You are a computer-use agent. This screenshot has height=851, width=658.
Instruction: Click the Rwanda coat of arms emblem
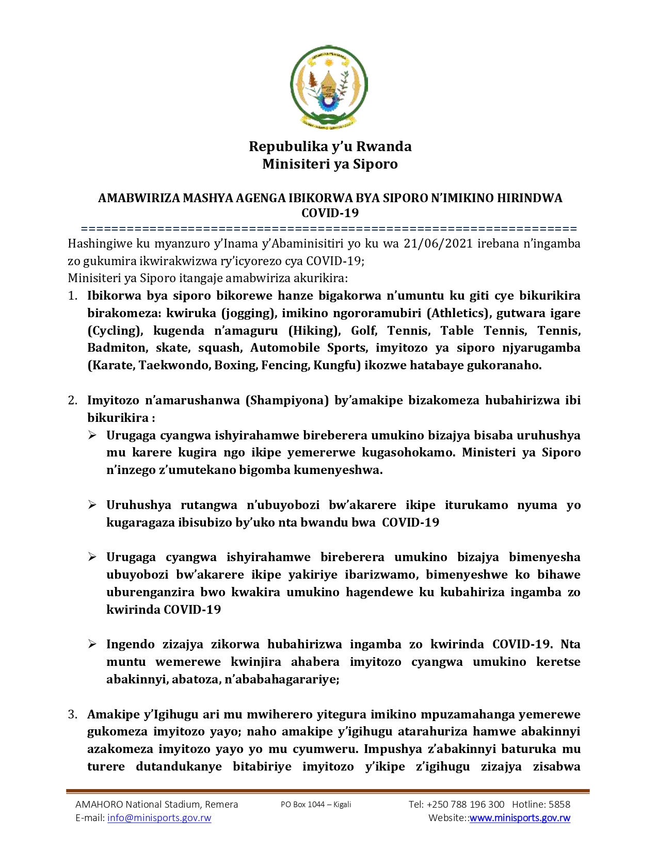(x=329, y=86)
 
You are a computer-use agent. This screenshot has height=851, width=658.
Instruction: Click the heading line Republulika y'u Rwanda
(x=330, y=146)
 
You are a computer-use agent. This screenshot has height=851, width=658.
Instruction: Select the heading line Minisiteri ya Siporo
(x=330, y=164)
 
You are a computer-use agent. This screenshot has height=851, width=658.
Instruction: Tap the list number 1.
(x=73, y=296)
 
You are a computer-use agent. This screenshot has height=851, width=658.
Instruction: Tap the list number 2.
(x=73, y=400)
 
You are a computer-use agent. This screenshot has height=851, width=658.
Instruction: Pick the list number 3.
(x=73, y=714)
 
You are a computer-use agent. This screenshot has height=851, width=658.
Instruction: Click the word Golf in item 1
(x=364, y=331)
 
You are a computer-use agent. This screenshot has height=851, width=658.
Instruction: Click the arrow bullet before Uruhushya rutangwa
(x=92, y=505)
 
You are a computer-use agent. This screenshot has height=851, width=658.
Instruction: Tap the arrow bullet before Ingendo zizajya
(x=92, y=644)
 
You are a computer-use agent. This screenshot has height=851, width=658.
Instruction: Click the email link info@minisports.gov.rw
(x=159, y=818)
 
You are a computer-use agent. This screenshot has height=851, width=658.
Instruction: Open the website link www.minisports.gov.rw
(x=520, y=818)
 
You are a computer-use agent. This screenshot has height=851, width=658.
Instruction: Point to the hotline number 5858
(x=559, y=805)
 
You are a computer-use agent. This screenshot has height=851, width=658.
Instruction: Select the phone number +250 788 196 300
(x=466, y=805)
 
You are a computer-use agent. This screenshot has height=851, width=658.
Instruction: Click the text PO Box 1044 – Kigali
(x=316, y=805)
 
